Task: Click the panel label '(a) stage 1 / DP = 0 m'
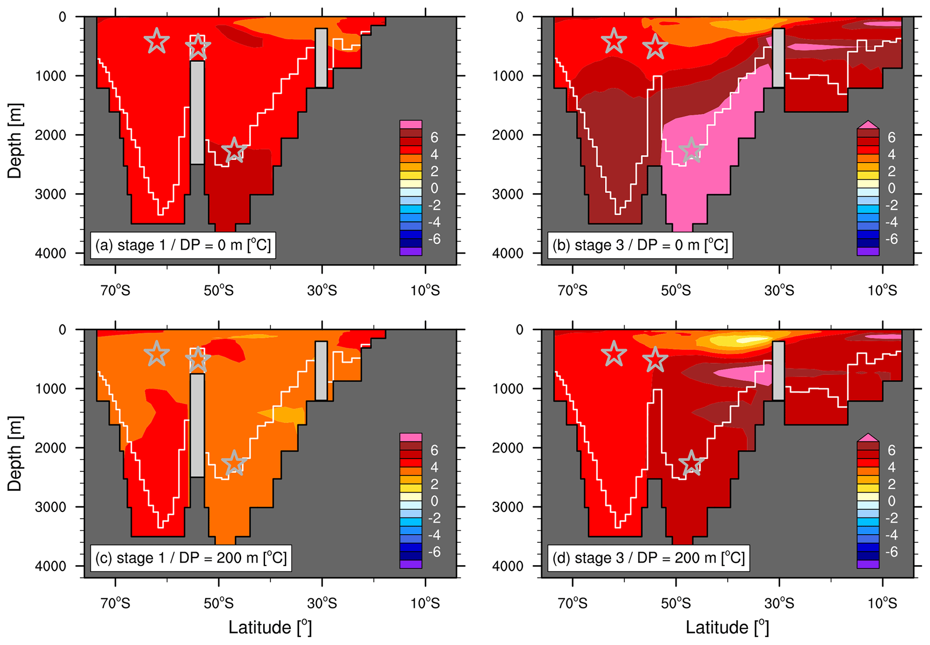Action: pyautogui.click(x=183, y=245)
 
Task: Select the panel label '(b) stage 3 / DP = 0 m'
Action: pyautogui.click(x=640, y=245)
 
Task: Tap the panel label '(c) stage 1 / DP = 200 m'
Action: pyautogui.click(x=191, y=558)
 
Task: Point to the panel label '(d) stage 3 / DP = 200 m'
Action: pyautogui.click(x=648, y=558)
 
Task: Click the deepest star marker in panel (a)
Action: pyautogui.click(x=234, y=150)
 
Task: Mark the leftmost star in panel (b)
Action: pyautogui.click(x=614, y=41)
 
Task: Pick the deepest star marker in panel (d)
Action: pyautogui.click(x=691, y=463)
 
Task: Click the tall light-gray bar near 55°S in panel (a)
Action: pyautogui.click(x=197, y=113)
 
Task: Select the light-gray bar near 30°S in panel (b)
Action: pyautogui.click(x=778, y=58)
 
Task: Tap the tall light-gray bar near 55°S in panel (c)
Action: pyautogui.click(x=197, y=425)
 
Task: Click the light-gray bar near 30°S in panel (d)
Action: pyautogui.click(x=778, y=371)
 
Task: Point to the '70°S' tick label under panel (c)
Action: pyautogui.click(x=116, y=603)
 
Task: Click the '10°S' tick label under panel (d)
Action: pyautogui.click(x=882, y=603)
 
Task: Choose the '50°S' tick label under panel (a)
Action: pyautogui.click(x=219, y=291)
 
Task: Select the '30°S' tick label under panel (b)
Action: pyautogui.click(x=779, y=291)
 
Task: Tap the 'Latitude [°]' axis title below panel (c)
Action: pyautogui.click(x=270, y=627)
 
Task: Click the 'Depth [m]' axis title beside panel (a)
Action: pyautogui.click(x=15, y=141)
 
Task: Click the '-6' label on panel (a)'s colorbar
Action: pyautogui.click(x=434, y=239)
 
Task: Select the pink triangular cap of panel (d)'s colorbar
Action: pyautogui.click(x=868, y=438)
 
